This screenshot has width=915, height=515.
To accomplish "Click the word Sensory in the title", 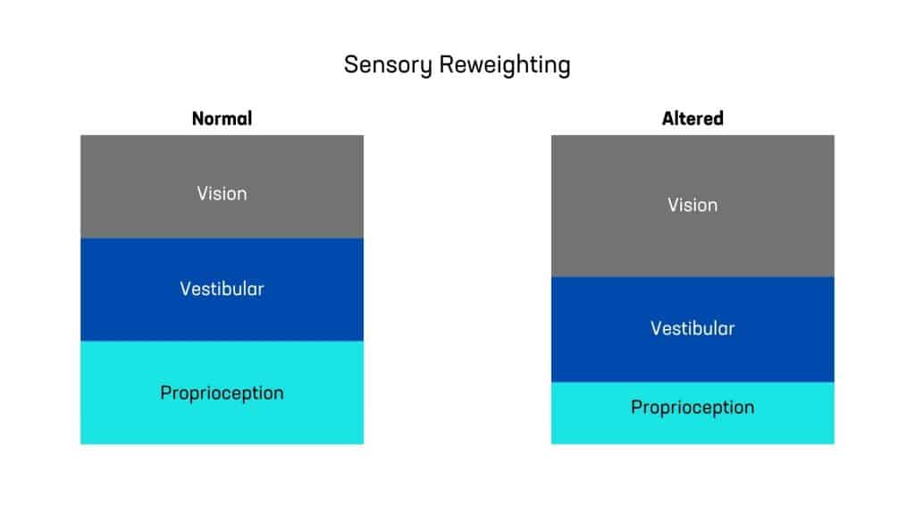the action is pos(388,65).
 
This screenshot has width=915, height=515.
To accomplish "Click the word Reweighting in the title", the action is pos(505,65).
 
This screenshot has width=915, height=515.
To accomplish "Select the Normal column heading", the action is pos(222,119).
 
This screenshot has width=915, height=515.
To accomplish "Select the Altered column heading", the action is pos(693,119).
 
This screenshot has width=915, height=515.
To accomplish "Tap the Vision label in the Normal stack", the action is pos(222,193).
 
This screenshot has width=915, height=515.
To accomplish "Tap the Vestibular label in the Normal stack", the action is pos(222,289).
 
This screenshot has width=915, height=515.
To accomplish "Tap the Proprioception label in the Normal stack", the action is pos(222,393).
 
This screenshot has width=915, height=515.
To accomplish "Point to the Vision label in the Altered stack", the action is pos(693,205).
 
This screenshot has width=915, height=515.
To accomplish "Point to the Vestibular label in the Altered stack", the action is pos(693,328).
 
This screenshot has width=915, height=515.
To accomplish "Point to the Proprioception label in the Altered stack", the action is pos(693,408).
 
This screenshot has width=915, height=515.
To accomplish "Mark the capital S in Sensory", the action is pos(350,64).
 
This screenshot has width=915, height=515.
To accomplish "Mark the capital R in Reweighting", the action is pos(447,64).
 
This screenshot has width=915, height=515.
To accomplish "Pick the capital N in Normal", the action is pos(197,119).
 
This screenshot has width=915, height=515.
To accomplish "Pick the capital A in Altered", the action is pos(668,119).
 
